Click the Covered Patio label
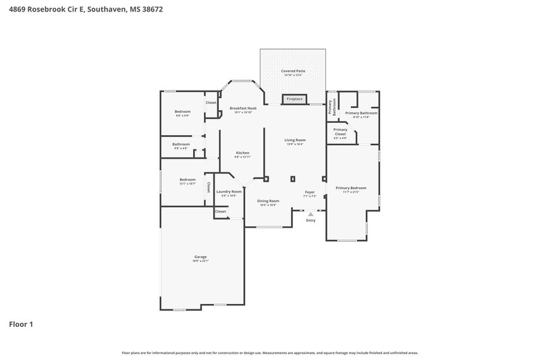(293, 70)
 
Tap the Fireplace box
(294, 99)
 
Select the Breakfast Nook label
(243, 108)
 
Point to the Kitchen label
(242, 153)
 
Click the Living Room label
(295, 140)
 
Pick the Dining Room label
(268, 201)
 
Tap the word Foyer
(310, 192)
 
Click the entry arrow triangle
(310, 213)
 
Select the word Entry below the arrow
(310, 220)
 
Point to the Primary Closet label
(340, 131)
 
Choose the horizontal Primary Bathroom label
(360, 113)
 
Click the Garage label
(200, 257)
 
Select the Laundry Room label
(228, 192)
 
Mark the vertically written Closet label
(209, 187)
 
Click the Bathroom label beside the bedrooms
(181, 144)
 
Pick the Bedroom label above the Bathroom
(182, 111)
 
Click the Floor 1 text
(21, 324)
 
